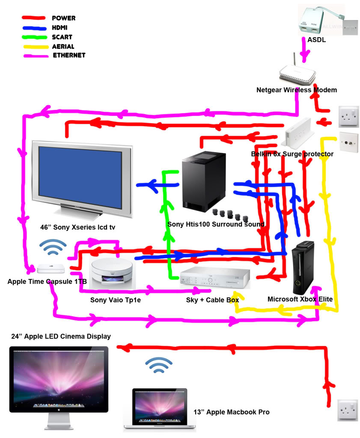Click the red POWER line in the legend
tap(33, 18)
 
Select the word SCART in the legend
tap(62, 37)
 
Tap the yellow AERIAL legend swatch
tap(33, 47)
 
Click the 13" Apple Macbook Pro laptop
tap(159, 408)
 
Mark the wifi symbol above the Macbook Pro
tap(159, 364)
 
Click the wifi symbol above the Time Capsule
tap(53, 246)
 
